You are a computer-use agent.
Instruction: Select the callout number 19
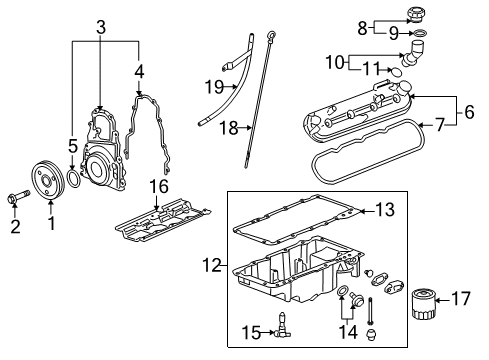pos(214,87)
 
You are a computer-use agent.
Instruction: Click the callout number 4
pos(140,71)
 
